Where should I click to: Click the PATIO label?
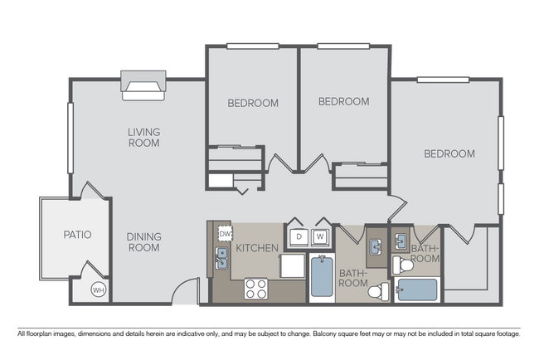(x=77, y=235)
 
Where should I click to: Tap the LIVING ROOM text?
(x=143, y=137)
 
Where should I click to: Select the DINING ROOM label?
(x=143, y=241)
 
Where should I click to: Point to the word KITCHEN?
(x=257, y=248)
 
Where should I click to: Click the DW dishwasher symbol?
(x=225, y=234)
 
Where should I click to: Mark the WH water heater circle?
(x=98, y=289)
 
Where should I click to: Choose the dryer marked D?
(x=298, y=236)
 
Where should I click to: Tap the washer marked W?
(x=319, y=236)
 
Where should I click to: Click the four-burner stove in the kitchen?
(x=256, y=289)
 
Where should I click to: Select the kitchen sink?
(x=222, y=259)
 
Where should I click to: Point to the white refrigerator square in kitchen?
(x=293, y=268)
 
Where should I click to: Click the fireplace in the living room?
(x=144, y=85)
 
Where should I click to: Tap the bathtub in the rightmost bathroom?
(x=417, y=290)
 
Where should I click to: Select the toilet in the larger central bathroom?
(x=379, y=291)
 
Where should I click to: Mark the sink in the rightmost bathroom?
(x=401, y=241)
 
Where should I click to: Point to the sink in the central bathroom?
(x=376, y=246)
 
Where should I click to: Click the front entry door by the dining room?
(x=187, y=290)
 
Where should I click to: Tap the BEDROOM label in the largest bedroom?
(x=449, y=153)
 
